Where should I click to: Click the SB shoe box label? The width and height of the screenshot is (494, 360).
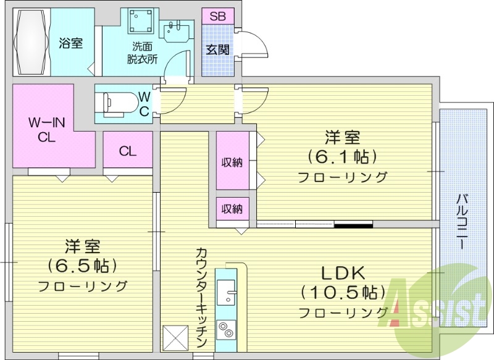click(x=217, y=17)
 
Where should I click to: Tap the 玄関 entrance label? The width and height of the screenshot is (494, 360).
click(x=217, y=49)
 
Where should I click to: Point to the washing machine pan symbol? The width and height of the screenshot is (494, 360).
click(x=141, y=23)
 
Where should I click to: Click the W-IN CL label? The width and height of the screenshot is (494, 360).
click(x=42, y=130)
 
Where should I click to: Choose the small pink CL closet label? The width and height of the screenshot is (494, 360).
click(x=128, y=151)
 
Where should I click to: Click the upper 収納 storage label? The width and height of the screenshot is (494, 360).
click(x=232, y=162)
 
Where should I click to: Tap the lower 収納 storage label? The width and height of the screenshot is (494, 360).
click(x=232, y=209)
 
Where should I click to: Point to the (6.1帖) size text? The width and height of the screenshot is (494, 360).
click(x=343, y=156)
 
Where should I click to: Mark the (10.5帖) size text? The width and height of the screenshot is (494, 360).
click(x=343, y=291)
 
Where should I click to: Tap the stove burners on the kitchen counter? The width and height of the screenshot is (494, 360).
click(x=226, y=331)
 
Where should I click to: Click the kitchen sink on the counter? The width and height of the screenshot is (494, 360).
click(x=226, y=291)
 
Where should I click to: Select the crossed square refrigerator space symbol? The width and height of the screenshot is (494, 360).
click(x=175, y=337)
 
